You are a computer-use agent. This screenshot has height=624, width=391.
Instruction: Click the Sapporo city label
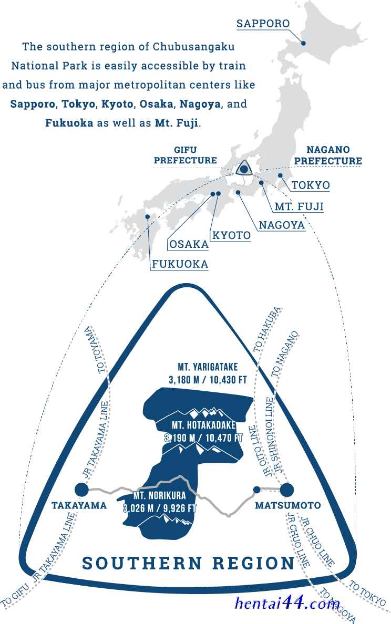(x=263, y=24)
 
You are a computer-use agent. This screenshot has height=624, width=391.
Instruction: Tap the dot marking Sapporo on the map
(x=303, y=43)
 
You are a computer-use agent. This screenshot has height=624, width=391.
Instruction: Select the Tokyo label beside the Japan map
(x=311, y=185)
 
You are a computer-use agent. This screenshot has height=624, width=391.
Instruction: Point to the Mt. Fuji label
(x=299, y=206)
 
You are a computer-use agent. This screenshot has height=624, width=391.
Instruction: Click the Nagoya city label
(x=282, y=225)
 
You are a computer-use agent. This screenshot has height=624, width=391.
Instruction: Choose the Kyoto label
(x=231, y=235)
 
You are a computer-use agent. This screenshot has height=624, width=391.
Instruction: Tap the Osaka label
(x=189, y=244)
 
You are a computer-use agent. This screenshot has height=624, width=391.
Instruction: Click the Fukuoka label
(x=180, y=264)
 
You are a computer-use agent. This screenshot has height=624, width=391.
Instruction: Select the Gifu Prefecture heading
(x=186, y=155)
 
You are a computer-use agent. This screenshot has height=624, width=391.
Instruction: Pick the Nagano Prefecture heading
(x=328, y=155)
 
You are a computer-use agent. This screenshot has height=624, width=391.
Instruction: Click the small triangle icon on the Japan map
(x=244, y=169)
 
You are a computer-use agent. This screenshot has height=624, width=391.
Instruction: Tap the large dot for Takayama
(x=81, y=490)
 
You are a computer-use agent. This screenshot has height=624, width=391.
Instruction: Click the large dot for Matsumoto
(x=286, y=490)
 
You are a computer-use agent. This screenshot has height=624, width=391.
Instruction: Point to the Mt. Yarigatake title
(x=208, y=367)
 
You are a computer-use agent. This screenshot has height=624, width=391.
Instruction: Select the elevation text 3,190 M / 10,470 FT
(x=203, y=438)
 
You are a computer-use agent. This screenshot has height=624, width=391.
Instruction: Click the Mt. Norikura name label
(x=160, y=495)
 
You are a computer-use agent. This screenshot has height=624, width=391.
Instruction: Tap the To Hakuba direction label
(x=267, y=329)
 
